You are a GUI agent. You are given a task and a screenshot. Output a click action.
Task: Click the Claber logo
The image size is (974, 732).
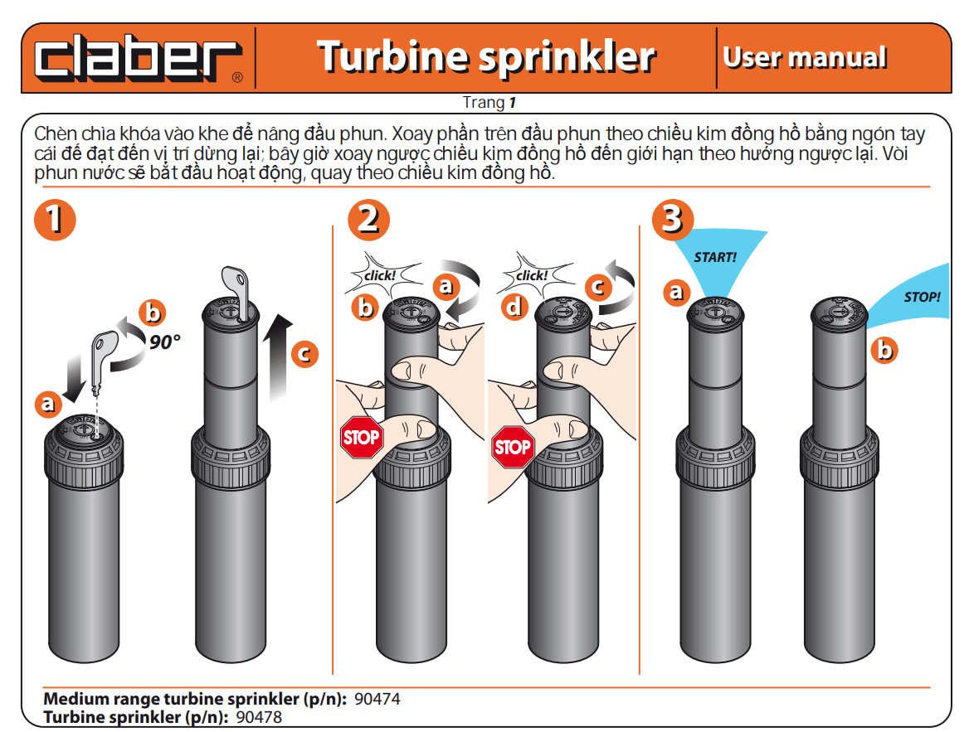coord(138,59)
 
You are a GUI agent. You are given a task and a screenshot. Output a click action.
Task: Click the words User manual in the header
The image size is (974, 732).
coord(805,57)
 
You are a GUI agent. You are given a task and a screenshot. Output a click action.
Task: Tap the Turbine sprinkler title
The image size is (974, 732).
coord(486,57)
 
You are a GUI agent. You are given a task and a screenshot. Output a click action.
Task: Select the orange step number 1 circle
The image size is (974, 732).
coord(56,220)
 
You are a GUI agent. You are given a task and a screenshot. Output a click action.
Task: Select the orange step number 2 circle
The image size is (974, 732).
coord(369,220)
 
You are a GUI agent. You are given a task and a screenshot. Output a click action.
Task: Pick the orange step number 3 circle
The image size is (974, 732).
coord(673,219)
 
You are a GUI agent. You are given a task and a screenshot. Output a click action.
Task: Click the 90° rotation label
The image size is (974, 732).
coord(164,342)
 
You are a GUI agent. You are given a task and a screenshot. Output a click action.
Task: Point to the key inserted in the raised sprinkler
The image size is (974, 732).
coord(236,292)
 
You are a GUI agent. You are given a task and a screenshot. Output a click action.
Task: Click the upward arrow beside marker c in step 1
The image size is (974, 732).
coord(277,357)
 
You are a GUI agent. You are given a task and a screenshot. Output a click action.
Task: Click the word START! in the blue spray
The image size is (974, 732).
coord(715,257)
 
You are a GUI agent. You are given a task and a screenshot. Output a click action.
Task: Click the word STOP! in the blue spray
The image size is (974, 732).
coord(922,297)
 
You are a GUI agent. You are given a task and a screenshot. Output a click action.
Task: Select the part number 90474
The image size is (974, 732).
coord(377,699)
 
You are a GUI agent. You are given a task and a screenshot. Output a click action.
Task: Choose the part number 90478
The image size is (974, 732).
coord(259,717)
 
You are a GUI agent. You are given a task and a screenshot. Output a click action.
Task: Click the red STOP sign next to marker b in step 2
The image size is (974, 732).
coord(361,438)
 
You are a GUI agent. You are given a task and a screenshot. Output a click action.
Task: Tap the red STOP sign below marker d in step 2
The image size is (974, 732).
coord(513,447)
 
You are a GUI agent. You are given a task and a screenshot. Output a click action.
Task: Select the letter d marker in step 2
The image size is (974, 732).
coord(515,307)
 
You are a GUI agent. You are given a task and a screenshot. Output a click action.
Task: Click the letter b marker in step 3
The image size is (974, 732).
coord(884,350)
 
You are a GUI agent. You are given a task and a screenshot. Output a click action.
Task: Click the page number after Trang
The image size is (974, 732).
coord(513,103)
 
